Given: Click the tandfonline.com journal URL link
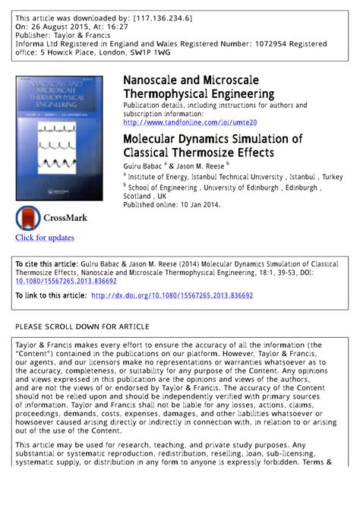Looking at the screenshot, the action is click(x=190, y=122).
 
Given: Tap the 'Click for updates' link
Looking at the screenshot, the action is click(x=45, y=238).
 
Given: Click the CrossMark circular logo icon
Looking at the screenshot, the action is click(x=28, y=218).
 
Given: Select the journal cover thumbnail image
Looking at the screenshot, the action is click(x=59, y=137).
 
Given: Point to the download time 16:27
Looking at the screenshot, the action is click(x=111, y=26).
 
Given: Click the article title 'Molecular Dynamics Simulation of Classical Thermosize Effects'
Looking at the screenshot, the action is click(x=212, y=146).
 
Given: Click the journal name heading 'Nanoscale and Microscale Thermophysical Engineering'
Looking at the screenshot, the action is click(x=198, y=87).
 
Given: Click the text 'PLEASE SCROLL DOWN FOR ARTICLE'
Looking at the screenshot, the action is click(x=82, y=326).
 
